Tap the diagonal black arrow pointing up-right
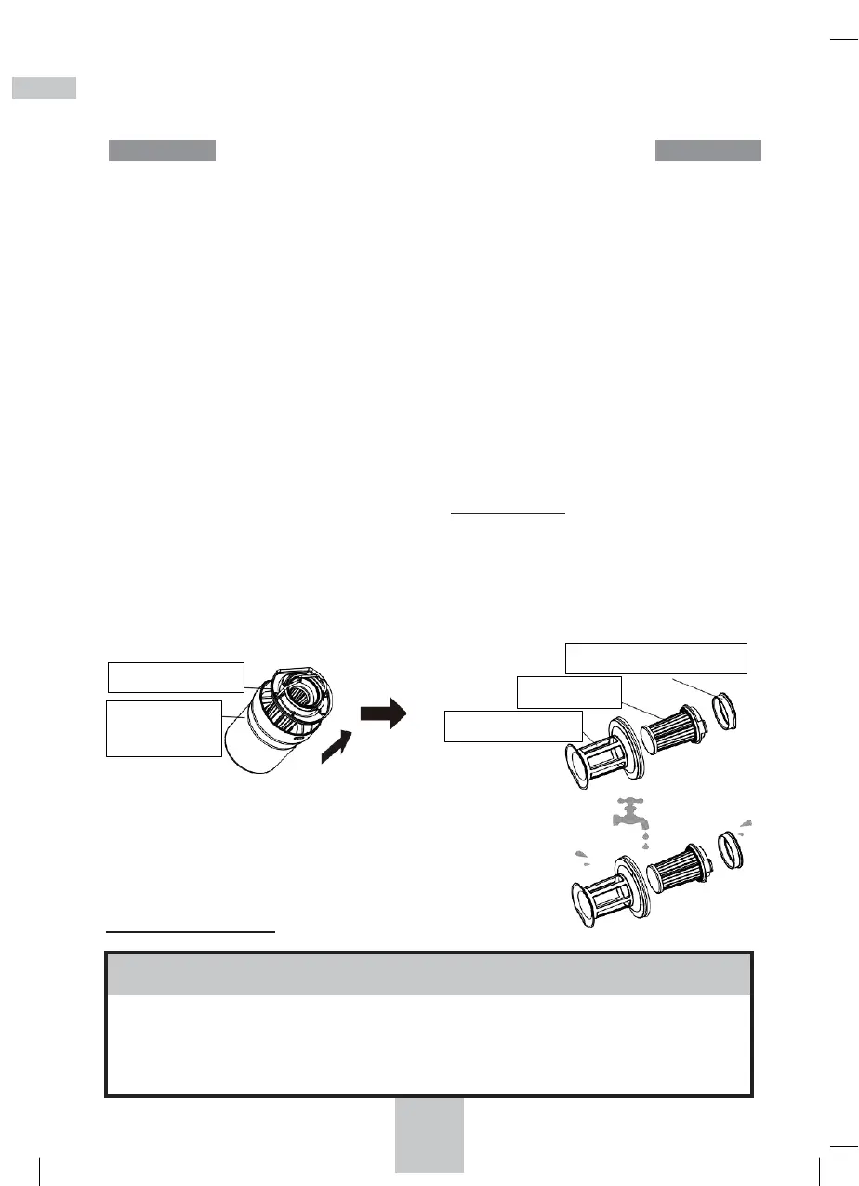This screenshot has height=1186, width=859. tap(337, 746)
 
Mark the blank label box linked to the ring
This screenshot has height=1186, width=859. tap(656, 657)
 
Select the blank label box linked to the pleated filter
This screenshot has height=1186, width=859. tap(568, 692)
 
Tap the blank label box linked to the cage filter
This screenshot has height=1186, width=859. tap(513, 726)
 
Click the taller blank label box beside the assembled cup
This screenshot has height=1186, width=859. tap(164, 728)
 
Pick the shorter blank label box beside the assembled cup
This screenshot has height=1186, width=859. tap(176, 677)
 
